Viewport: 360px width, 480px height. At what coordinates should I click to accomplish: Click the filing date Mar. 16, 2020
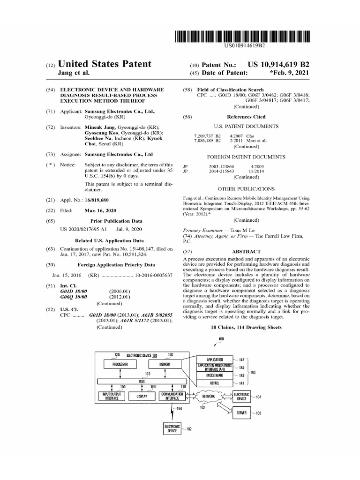(100, 210)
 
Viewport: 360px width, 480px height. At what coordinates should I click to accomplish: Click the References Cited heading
(246, 117)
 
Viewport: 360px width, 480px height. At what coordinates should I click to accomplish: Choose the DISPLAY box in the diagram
(142, 396)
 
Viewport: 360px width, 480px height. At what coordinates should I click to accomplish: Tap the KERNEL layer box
(215, 383)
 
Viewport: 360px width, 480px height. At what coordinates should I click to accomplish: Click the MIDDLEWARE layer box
(215, 375)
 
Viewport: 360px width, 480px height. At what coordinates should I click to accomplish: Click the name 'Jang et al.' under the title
(73, 73)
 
